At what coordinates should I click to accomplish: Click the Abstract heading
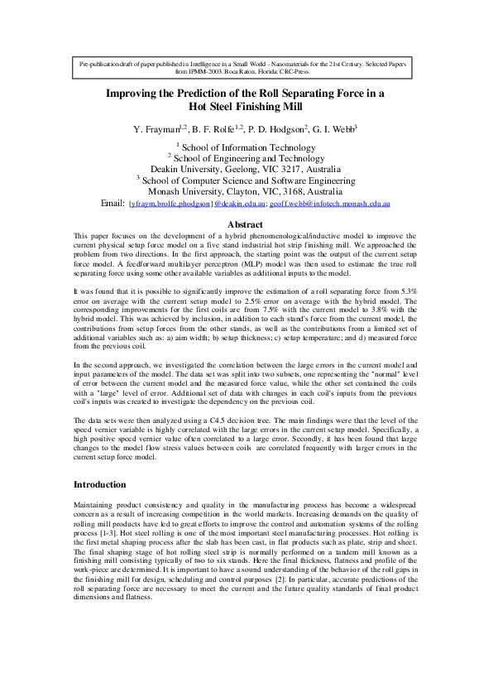click(246, 224)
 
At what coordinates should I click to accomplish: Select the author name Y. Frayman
click(160, 129)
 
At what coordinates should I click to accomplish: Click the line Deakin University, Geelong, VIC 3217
click(246, 168)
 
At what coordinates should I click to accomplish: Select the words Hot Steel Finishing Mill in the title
click(246, 107)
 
